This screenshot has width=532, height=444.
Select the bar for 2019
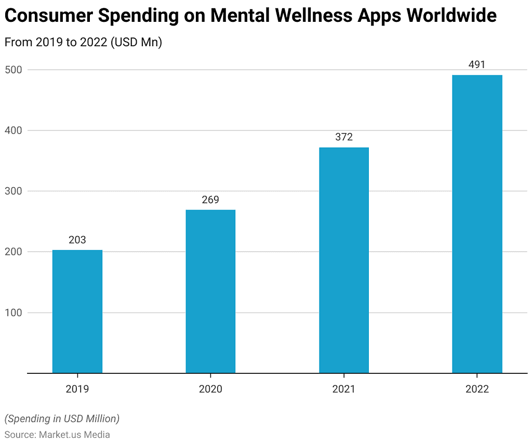[x=77, y=311]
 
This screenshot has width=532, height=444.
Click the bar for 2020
[x=210, y=291]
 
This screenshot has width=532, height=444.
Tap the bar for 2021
[x=344, y=260]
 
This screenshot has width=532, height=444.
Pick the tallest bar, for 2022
[x=477, y=224]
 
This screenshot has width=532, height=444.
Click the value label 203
[x=77, y=240]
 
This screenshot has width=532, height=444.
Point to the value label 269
[x=210, y=200]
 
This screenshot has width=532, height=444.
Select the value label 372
[x=344, y=137]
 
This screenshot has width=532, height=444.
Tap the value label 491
[x=477, y=65]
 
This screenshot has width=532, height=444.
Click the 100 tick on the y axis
[x=14, y=312]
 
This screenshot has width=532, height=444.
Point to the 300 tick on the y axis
[x=14, y=191]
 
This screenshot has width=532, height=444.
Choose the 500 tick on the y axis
[x=14, y=70]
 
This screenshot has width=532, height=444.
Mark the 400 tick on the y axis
[x=14, y=130]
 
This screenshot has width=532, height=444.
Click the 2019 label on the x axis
[x=77, y=389]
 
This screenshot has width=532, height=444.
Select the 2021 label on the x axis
[x=344, y=389]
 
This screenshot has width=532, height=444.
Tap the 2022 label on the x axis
[x=477, y=389]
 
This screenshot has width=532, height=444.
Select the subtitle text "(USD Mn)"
[x=136, y=43]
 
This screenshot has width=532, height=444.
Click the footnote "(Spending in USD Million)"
[x=62, y=419]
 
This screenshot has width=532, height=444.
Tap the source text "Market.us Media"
[x=74, y=434]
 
